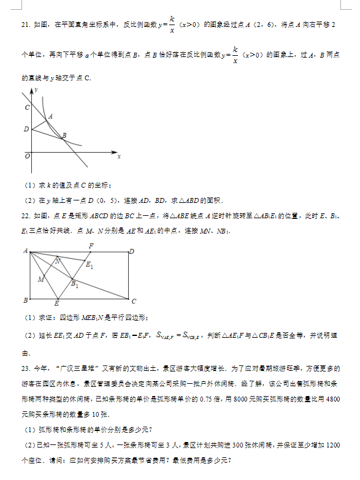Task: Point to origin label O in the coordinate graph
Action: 27,156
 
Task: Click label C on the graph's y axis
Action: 26,108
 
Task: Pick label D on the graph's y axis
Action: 26,129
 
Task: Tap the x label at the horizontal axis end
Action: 118,157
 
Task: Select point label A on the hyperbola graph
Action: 50,116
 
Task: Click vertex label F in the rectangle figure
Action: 91,246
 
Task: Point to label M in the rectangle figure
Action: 40,280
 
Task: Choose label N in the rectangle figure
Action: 58,261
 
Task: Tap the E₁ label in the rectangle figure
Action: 90,265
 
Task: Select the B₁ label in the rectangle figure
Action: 75,284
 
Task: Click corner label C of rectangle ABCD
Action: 133,301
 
